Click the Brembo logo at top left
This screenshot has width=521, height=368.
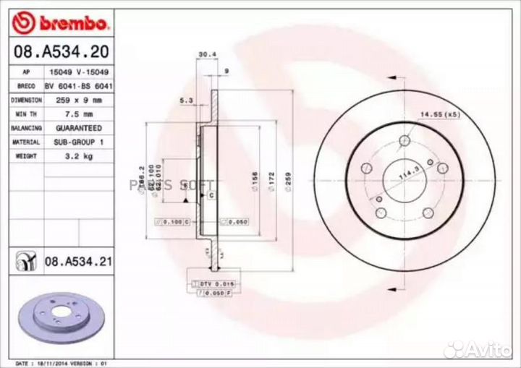[x=61, y=23]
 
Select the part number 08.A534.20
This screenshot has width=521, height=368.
[x=55, y=51]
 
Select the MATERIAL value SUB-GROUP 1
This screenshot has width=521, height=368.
[x=74, y=142]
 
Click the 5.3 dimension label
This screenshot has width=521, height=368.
[x=185, y=101]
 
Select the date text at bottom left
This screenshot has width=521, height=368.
[x=62, y=362]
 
